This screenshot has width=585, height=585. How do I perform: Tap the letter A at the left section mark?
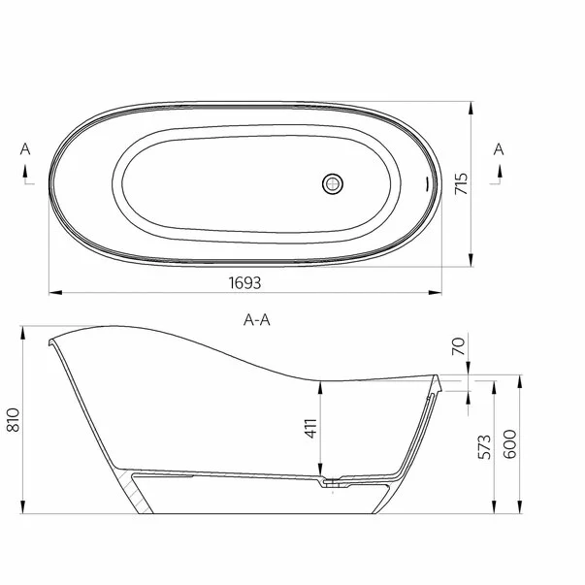click(24, 149)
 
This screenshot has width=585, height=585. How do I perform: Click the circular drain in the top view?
click(333, 181)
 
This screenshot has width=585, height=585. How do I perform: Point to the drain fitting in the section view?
click(333, 479)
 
